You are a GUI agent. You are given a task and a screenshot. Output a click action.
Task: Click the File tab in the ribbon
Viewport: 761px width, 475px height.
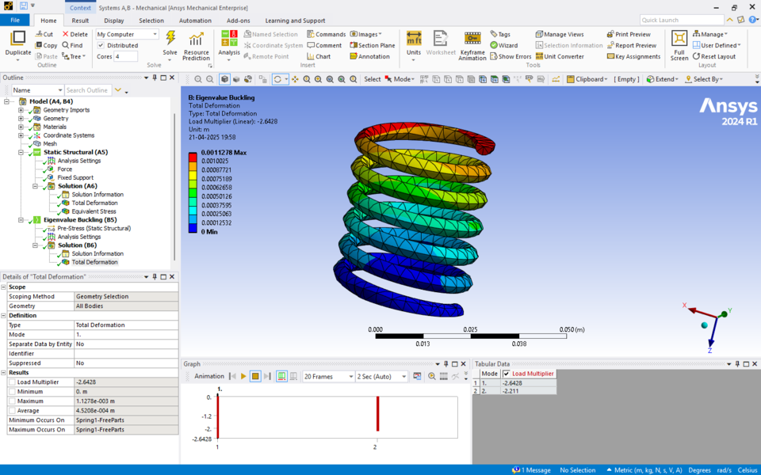[14, 21]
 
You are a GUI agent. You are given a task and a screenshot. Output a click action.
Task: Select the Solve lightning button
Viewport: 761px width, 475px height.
[170, 43]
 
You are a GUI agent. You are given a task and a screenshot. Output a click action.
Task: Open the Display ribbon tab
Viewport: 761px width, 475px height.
[113, 21]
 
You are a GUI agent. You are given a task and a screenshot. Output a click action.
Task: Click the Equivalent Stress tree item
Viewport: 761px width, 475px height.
[94, 211]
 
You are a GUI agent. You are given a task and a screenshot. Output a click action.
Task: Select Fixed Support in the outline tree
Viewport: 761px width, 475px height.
[75, 177]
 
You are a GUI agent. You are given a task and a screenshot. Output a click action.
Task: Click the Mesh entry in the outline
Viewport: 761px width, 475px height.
[49, 143]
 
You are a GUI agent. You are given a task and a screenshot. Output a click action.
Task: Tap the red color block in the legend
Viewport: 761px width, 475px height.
[193, 157]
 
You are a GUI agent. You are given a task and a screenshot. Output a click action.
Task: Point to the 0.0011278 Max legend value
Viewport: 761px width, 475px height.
[224, 152]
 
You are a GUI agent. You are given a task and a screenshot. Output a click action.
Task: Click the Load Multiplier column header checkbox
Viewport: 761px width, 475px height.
[507, 374]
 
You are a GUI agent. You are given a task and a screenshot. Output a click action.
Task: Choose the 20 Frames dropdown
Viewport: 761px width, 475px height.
[328, 377]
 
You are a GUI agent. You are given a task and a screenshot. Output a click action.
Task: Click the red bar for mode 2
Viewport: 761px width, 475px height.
[377, 414]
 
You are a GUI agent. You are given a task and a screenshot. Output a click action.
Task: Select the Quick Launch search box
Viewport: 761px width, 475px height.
[681, 20]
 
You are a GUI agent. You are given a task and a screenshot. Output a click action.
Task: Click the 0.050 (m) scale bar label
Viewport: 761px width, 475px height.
[572, 329]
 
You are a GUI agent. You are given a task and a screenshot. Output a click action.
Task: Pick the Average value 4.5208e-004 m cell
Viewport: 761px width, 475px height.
[125, 410]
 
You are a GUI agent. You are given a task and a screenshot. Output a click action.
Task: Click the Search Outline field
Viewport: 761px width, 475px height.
[88, 90]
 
